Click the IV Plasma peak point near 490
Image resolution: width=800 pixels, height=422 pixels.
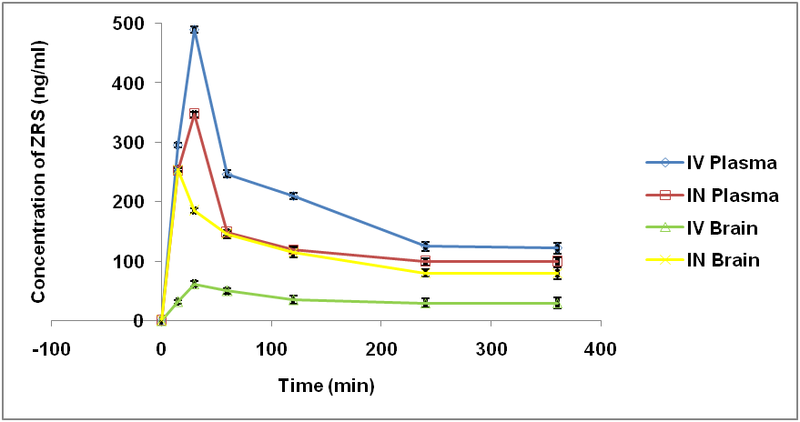coord(194,30)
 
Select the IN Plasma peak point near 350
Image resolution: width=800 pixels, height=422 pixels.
coord(194,114)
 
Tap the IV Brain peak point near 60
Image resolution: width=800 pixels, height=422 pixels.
coord(194,284)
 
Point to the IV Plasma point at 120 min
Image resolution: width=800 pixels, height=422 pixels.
coord(293,196)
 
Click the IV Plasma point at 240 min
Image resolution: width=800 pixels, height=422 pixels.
coord(425,246)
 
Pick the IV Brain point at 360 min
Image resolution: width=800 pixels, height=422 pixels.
coord(557,303)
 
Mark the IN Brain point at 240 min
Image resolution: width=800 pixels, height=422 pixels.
coord(425,273)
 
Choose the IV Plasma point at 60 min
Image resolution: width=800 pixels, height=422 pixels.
coord(227,174)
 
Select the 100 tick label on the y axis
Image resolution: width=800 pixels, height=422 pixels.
coord(129,261)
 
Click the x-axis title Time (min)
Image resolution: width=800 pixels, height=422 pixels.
coord(326,386)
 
